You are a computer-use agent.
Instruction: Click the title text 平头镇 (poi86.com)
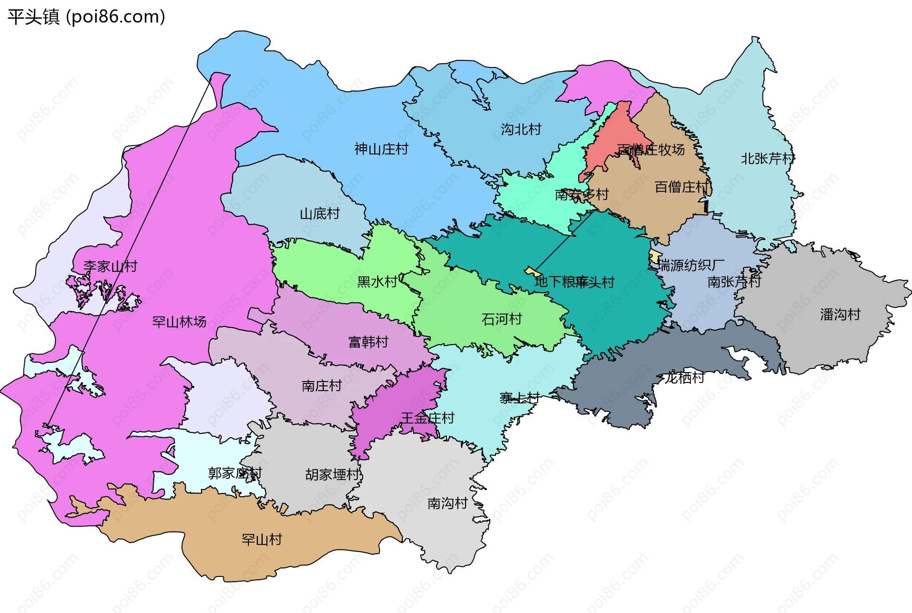(86, 17)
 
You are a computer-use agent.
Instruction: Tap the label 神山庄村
(381, 149)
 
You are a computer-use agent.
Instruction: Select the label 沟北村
(521, 129)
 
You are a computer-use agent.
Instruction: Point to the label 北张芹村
(767, 158)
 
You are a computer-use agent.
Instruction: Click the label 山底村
(320, 214)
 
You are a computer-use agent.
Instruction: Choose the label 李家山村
(110, 266)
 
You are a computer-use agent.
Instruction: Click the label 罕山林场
(179, 322)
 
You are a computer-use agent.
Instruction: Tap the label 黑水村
(377, 282)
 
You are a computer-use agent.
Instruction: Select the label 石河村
(502, 319)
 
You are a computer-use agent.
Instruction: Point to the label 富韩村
(368, 342)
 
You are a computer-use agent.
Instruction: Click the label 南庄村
(322, 386)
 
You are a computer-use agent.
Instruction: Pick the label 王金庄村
(427, 418)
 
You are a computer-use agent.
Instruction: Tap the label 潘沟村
(840, 315)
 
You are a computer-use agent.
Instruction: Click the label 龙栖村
(684, 378)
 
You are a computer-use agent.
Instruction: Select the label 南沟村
(447, 503)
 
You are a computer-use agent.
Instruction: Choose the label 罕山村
(262, 540)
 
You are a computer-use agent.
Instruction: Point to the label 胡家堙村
(332, 474)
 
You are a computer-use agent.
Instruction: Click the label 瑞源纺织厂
(691, 265)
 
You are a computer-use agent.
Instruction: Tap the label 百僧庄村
(682, 187)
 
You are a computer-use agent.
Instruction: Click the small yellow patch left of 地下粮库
(531, 272)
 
